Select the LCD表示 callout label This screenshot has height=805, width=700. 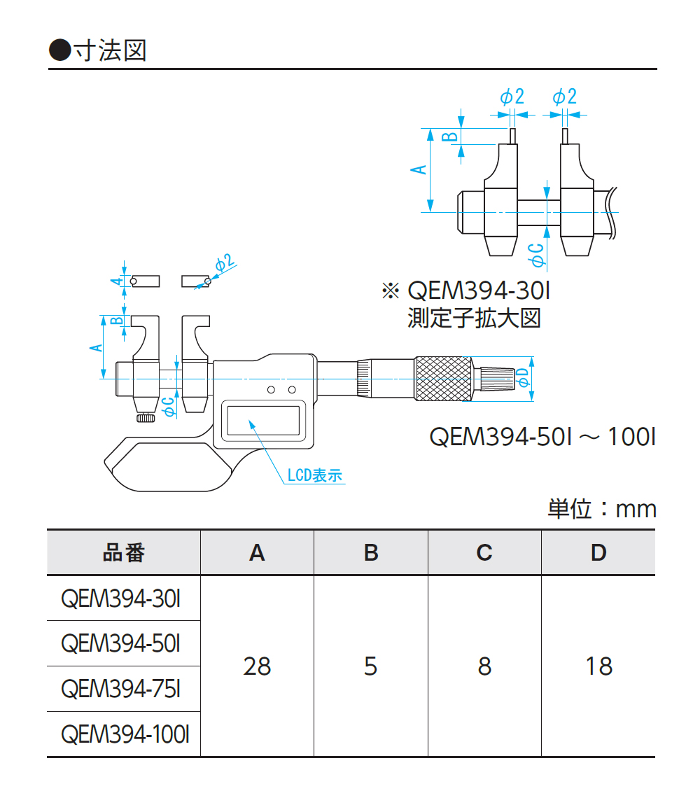(315, 475)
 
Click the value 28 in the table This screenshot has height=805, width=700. (257, 666)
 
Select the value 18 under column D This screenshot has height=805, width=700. (598, 666)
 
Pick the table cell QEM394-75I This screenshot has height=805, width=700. (121, 689)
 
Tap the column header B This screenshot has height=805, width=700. (371, 553)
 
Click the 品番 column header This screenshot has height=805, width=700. (124, 553)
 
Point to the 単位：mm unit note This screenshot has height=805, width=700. (602, 509)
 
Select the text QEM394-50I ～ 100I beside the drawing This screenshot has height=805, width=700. (542, 437)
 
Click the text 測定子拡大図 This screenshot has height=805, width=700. (474, 318)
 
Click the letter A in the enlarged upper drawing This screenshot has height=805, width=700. (417, 170)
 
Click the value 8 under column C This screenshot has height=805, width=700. (484, 666)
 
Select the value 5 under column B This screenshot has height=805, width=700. (371, 666)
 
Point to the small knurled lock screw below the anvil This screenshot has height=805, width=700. (146, 418)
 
